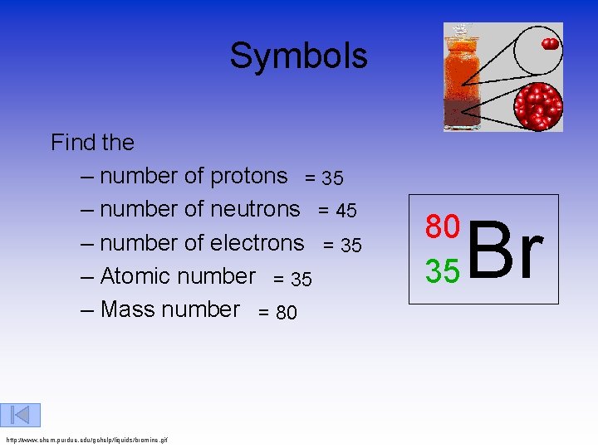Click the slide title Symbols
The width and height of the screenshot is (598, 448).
(x=298, y=56)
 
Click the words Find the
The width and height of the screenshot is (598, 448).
(x=92, y=143)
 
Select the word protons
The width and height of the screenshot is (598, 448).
(x=248, y=176)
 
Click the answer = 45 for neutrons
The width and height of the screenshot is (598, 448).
(x=337, y=212)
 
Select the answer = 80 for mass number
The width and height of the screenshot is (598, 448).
(x=277, y=313)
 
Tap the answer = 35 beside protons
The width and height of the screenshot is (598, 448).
(x=324, y=178)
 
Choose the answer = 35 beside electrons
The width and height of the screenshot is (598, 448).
(x=342, y=246)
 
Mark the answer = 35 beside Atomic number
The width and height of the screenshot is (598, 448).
(x=292, y=280)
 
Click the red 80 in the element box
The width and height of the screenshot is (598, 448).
(x=442, y=226)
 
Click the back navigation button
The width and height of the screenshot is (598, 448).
(x=21, y=415)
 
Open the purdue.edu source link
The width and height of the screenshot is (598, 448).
(x=86, y=439)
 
